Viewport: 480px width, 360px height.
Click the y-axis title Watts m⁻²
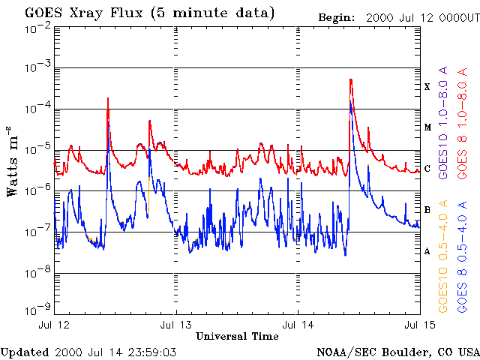click(13, 160)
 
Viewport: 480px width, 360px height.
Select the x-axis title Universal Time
click(237, 336)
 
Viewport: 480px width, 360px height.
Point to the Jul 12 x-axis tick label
click(53, 325)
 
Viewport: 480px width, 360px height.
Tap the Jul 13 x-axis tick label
click(176, 325)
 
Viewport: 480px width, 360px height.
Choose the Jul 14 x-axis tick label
click(298, 325)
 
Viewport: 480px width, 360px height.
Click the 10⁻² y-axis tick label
click(35, 28)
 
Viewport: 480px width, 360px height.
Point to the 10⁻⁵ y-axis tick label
click(35, 149)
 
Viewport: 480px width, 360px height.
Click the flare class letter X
click(427, 86)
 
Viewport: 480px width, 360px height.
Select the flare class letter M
click(427, 127)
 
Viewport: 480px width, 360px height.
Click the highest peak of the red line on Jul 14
click(350, 79)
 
